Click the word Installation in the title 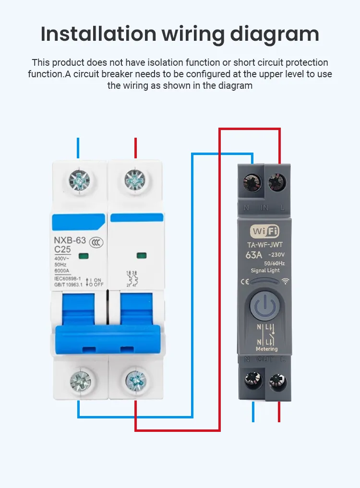click(98, 34)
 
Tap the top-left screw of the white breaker click(79, 180)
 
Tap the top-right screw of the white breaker click(135, 180)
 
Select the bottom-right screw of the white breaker click(136, 381)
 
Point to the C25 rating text click(63, 250)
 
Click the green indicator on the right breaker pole click(141, 255)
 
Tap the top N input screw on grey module click(252, 182)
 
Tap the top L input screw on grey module click(276, 182)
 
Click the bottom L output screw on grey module click(277, 380)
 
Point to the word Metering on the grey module click(267, 349)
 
